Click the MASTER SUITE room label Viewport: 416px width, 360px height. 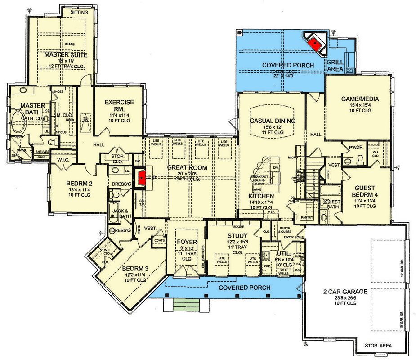[x=65, y=55]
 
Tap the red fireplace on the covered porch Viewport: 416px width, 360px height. [x=315, y=42]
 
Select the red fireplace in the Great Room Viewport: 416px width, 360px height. [x=142, y=177]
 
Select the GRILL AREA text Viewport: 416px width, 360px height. [x=335, y=65]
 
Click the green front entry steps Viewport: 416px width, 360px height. [x=185, y=305]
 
